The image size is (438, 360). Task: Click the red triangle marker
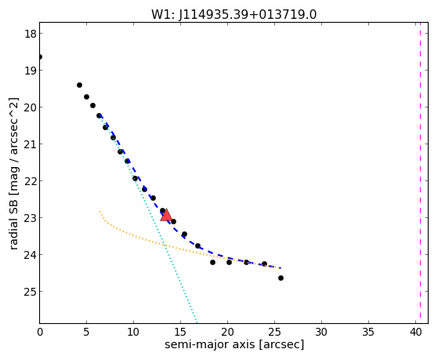[x=166, y=215]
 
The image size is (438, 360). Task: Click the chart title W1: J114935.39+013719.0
[x=233, y=14]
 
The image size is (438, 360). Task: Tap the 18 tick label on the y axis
[x=31, y=34]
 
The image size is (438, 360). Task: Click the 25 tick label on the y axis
[x=31, y=292]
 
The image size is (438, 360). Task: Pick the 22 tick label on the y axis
[x=31, y=181]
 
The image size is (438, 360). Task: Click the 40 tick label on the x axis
[x=415, y=332]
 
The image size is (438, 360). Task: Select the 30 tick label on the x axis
[x=321, y=332]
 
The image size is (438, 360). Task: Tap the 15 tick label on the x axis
[x=180, y=332]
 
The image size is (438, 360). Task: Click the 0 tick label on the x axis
[x=40, y=332]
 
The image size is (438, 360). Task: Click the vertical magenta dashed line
[x=420, y=173]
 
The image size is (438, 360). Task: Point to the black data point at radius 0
[x=40, y=57]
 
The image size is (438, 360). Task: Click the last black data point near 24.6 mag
[x=281, y=278]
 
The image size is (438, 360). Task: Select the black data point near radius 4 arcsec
[x=79, y=85]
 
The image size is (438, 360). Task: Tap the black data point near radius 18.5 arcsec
[x=212, y=263]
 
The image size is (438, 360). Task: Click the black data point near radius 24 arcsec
[x=264, y=264]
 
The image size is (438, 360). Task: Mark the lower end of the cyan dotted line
[x=197, y=322]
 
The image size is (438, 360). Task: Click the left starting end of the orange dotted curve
[x=100, y=212]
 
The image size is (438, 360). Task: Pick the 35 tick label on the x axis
[x=368, y=332]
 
